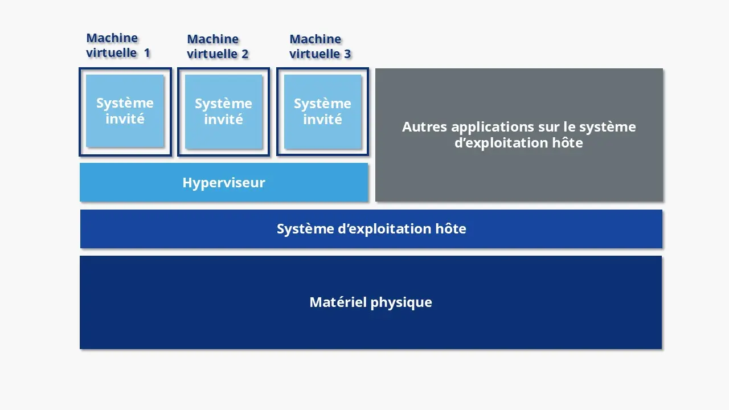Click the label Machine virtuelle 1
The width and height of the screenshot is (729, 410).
(x=118, y=46)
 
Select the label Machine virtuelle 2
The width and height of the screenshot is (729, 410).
(x=218, y=47)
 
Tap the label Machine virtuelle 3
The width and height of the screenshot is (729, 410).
(x=320, y=47)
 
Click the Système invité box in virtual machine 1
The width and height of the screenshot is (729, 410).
(x=125, y=111)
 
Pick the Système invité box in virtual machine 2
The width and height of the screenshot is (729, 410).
(x=223, y=112)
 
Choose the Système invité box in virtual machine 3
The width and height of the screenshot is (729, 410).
(x=322, y=112)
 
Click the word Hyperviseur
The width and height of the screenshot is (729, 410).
(x=224, y=183)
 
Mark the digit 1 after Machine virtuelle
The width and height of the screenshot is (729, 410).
(x=147, y=53)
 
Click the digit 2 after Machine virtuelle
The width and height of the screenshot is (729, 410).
(x=245, y=54)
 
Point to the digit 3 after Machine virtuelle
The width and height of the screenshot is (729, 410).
(x=347, y=54)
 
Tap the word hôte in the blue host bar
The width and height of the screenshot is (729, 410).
(x=451, y=229)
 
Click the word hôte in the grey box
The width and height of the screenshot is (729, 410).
(x=568, y=142)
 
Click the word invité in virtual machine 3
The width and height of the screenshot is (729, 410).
(x=322, y=120)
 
